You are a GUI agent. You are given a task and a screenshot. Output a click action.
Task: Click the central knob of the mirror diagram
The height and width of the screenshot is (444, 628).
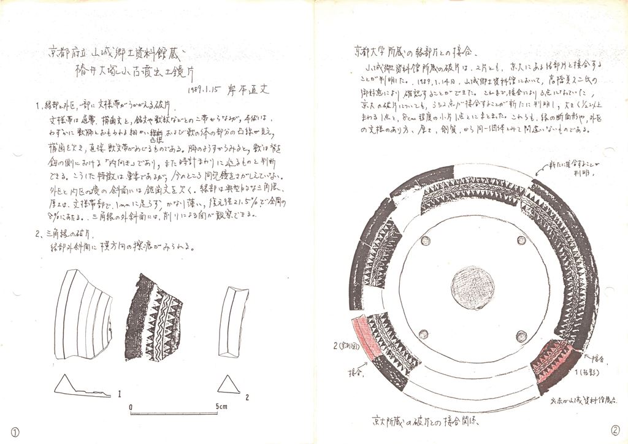[x=473, y=288]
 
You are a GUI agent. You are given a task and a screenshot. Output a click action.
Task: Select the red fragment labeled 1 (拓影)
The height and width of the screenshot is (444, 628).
[x=554, y=363]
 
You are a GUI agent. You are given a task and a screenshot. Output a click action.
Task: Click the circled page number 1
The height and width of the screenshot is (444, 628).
[x=15, y=432]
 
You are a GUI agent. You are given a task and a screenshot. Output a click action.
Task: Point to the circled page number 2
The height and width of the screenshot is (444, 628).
[x=615, y=430]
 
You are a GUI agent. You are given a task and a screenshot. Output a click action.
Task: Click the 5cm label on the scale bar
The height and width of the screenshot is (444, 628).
[x=221, y=407]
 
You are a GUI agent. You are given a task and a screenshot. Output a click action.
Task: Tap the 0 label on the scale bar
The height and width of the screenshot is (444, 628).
[x=131, y=407]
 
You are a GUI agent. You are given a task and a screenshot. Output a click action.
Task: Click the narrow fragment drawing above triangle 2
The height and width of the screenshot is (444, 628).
[x=234, y=321]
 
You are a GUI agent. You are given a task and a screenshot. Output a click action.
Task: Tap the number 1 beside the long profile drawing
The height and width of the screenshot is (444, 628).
[x=119, y=391]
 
